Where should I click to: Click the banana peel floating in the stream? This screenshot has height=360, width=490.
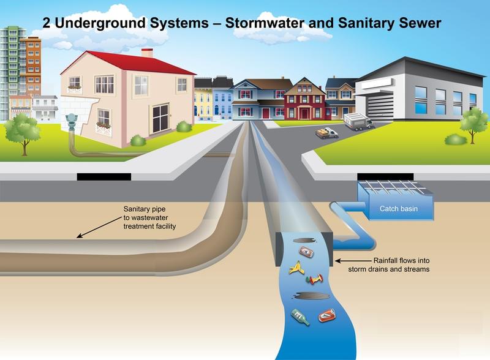click(x=297, y=267)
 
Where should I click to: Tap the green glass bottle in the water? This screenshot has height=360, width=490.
click(x=300, y=317)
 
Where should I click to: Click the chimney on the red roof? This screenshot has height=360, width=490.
click(x=147, y=53)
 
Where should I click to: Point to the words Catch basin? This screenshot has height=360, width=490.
click(x=398, y=209)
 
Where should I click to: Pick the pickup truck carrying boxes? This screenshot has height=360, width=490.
click(x=327, y=132)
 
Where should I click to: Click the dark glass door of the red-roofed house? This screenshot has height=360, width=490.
click(x=160, y=118)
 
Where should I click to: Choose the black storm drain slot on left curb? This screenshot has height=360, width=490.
click(x=104, y=176)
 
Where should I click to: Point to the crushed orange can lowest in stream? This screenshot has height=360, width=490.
click(x=326, y=316)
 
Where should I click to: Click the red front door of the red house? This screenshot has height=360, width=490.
click(x=305, y=112)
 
